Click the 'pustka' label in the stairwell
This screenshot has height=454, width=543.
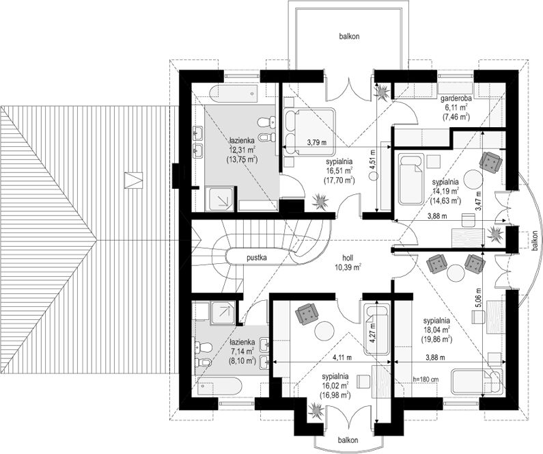[257, 258]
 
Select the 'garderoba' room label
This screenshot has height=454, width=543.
[456, 99]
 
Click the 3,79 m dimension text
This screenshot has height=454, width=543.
[317, 142]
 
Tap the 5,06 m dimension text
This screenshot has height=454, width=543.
[478, 298]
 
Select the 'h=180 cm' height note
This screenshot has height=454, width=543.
[426, 379]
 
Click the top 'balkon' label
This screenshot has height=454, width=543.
[349, 36]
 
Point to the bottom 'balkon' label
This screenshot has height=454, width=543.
[348, 440]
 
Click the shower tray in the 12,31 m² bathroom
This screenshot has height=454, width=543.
[219, 198]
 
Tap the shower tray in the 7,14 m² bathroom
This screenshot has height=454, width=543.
[224, 312]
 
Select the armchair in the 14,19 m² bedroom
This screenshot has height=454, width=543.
[490, 161]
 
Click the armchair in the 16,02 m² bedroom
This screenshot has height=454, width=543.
[307, 313]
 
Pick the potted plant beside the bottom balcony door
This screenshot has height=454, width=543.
[317, 410]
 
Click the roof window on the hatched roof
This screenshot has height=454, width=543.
[133, 181]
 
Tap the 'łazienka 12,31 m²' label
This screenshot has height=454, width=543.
[242, 150]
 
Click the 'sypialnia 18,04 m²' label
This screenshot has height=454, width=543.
[436, 330]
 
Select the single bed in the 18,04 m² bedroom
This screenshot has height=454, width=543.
[477, 382]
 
